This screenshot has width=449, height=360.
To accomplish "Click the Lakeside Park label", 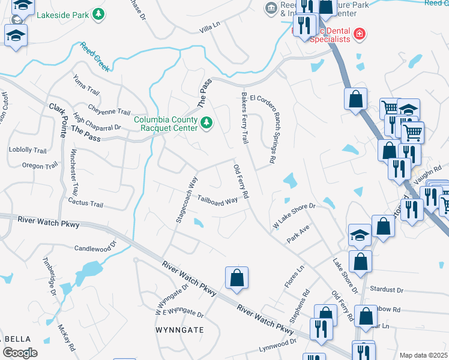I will (x=62, y=14).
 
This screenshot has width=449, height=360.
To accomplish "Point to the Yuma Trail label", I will (x=86, y=85).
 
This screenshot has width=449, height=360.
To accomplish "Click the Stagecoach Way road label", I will (x=187, y=199).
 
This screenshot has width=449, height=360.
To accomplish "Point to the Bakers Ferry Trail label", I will (x=244, y=118).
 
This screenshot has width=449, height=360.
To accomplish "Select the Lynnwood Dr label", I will (x=277, y=346).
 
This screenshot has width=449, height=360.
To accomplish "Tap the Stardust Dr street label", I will (x=387, y=289).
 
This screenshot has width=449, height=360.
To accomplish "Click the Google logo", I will (x=19, y=353).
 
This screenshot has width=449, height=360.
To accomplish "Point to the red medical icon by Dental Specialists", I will (x=360, y=34).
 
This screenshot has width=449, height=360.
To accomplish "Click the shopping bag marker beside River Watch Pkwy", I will (x=237, y=278).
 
